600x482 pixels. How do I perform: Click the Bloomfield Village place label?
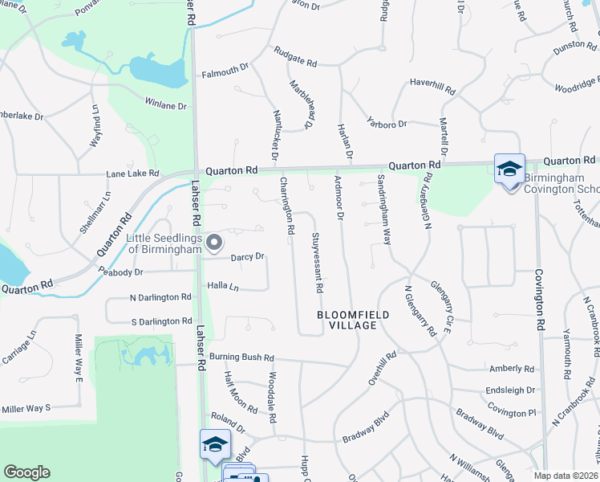point(347,320)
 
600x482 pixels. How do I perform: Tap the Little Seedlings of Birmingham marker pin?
point(214,241)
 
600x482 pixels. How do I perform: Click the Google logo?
point(26,472)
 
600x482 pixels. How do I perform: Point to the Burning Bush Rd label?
point(241,357)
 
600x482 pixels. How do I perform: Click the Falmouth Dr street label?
point(225,71)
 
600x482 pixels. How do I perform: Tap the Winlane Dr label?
point(165,105)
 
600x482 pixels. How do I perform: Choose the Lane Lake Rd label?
point(133,174)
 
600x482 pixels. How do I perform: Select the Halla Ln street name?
point(224,287)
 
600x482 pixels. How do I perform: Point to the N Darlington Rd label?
point(160,296)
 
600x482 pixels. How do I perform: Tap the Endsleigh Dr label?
point(510,390)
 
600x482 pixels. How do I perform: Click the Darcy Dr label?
point(247,257)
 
